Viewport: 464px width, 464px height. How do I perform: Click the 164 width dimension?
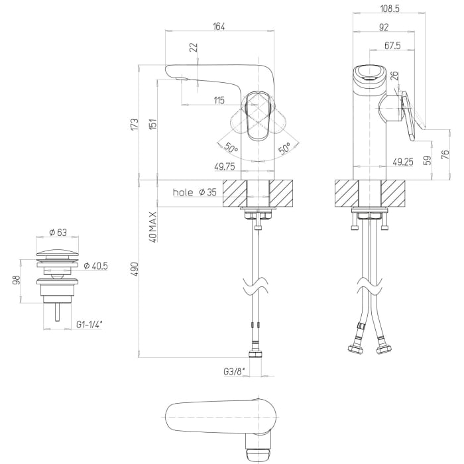(219, 27)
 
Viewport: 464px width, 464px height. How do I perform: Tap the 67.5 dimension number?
(392, 46)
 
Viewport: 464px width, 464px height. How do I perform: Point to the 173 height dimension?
(134, 123)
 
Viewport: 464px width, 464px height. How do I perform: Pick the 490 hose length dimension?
(134, 268)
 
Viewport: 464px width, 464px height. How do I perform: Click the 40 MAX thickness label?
(152, 227)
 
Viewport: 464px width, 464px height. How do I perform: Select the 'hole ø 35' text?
(194, 192)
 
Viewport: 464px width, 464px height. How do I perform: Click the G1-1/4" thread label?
(89, 324)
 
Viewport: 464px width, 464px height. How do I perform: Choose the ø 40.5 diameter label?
(97, 265)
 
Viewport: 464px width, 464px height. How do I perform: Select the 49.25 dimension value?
(403, 161)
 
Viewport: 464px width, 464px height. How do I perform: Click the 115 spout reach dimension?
(219, 101)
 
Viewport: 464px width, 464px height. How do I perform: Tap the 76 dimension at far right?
(445, 154)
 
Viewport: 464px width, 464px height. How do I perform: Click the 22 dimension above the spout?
(193, 48)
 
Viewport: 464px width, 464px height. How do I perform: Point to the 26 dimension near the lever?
(395, 77)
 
